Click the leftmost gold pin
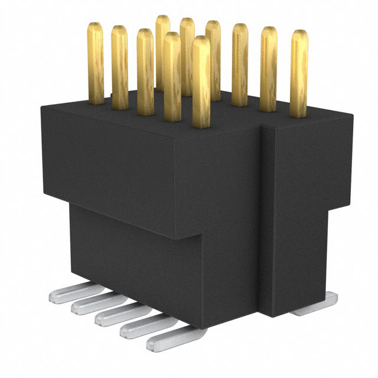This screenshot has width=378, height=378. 96,62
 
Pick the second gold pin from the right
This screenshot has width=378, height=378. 269,68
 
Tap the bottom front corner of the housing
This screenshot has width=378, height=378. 204,348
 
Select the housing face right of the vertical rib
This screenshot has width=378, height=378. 304,213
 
